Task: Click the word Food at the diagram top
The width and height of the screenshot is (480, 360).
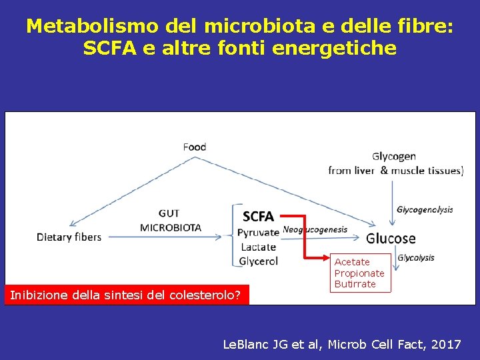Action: pyautogui.click(x=195, y=147)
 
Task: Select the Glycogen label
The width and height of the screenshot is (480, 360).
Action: pyautogui.click(x=394, y=157)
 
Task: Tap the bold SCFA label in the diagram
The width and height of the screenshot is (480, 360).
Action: pyautogui.click(x=258, y=216)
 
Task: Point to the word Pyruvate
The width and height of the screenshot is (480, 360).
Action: pyautogui.click(x=258, y=233)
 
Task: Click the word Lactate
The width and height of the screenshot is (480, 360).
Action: pyautogui.click(x=258, y=247)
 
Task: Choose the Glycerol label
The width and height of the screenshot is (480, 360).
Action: pyautogui.click(x=258, y=261)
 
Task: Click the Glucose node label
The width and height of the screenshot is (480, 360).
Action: pyautogui.click(x=391, y=238)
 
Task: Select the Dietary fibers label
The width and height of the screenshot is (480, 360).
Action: pyautogui.click(x=69, y=237)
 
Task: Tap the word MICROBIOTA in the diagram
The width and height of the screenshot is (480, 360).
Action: pyautogui.click(x=171, y=227)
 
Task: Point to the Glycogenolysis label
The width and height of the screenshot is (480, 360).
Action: pyautogui.click(x=425, y=209)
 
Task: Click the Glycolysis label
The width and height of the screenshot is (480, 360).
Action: pyautogui.click(x=416, y=257)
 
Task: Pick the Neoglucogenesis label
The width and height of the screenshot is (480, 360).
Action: pyautogui.click(x=315, y=229)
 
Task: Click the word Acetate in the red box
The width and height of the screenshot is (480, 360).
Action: pyautogui.click(x=352, y=262)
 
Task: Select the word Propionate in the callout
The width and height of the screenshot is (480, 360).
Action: pyautogui.click(x=359, y=273)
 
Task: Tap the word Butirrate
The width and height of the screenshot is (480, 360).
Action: pyautogui.click(x=355, y=284)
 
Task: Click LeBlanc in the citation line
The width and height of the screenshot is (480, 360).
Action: pyautogui.click(x=245, y=345)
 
